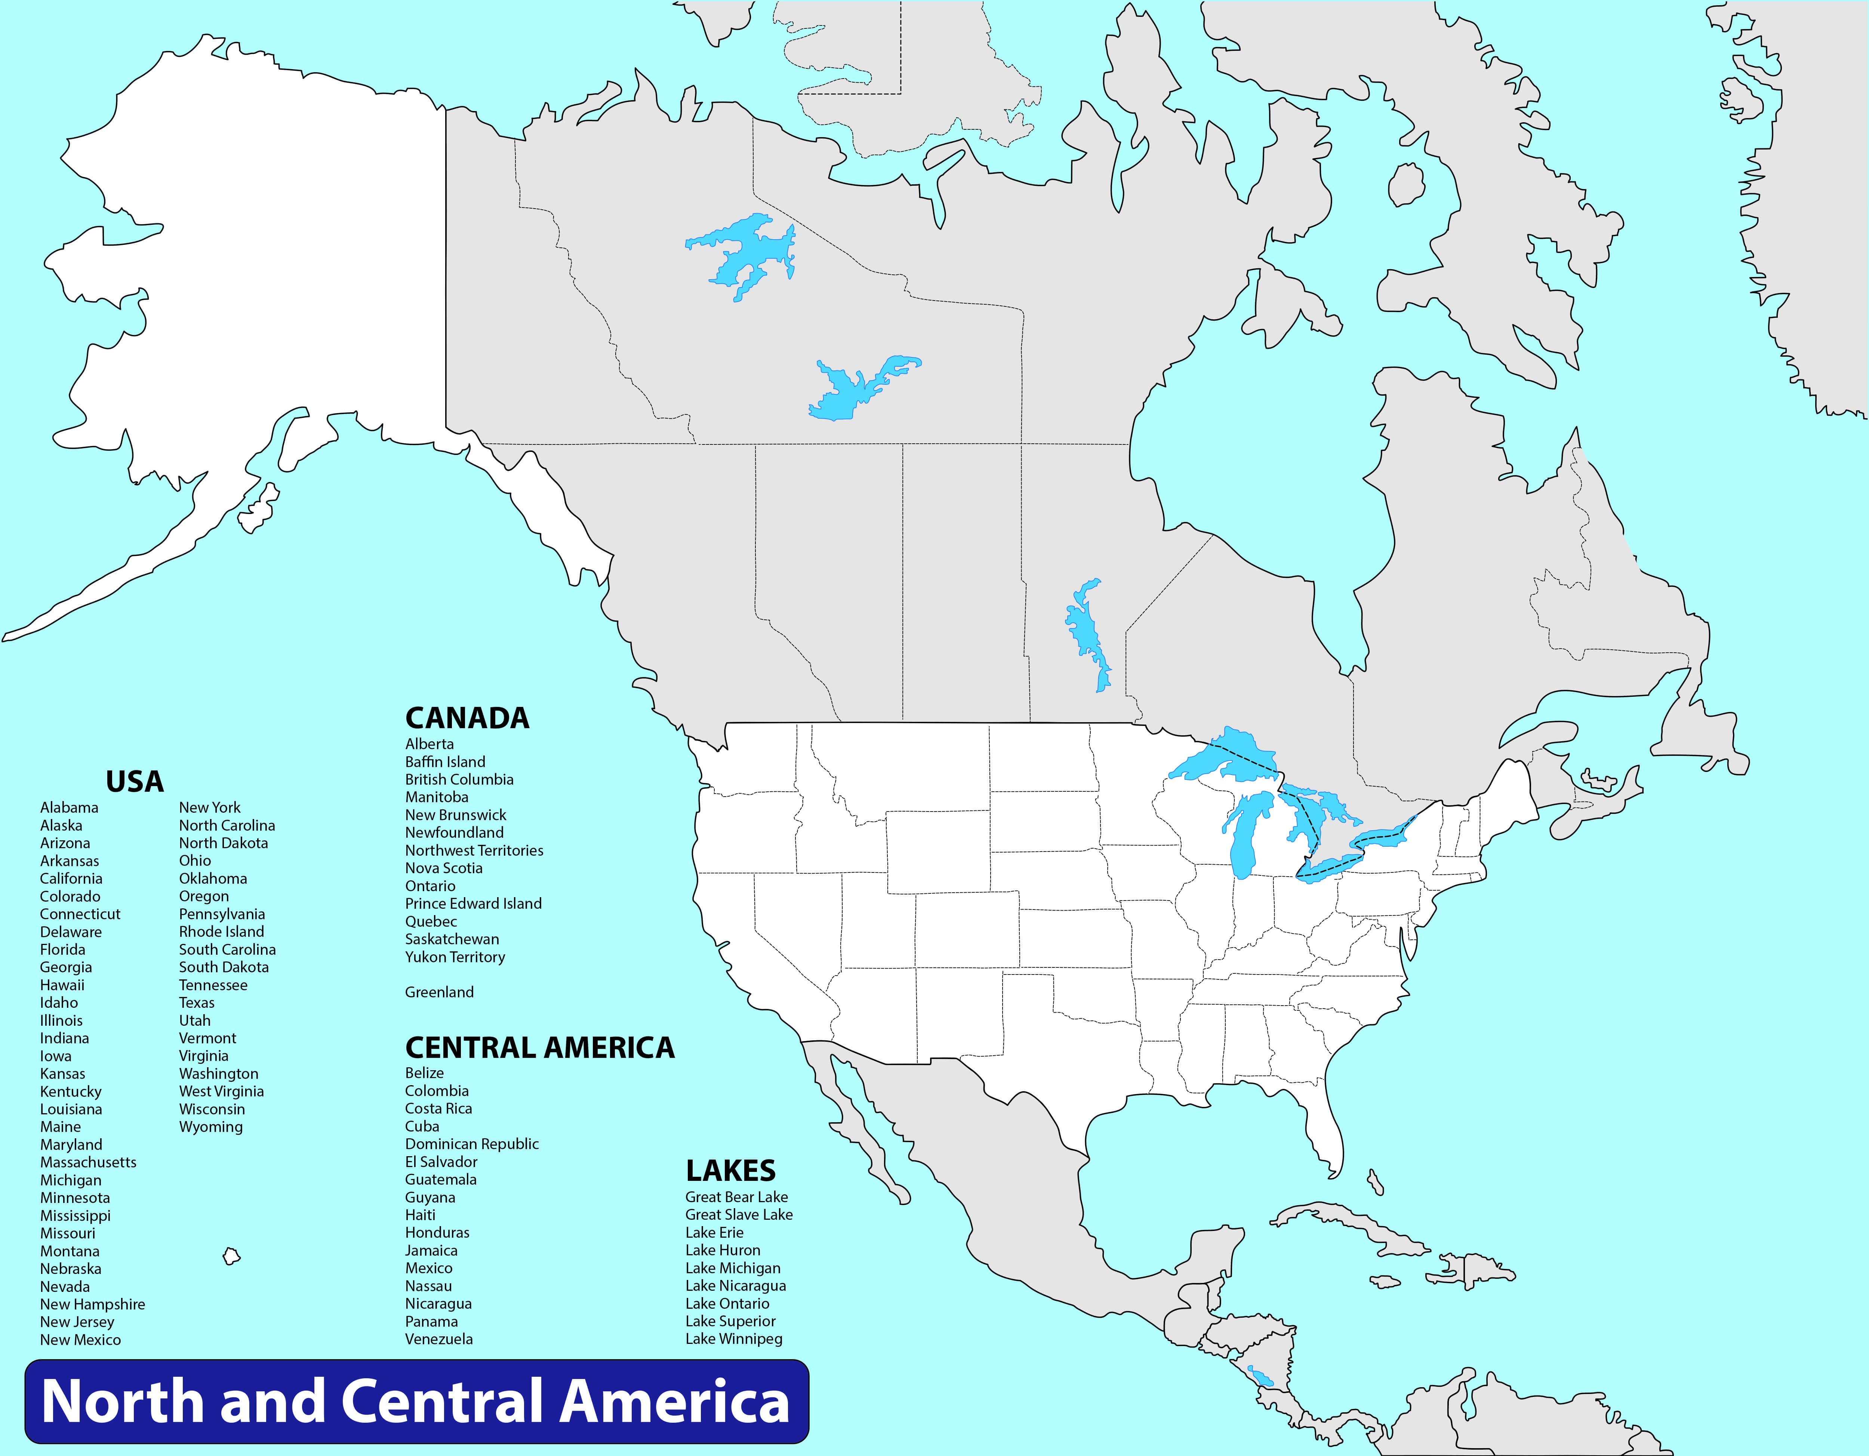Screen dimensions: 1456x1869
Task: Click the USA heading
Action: coord(134,782)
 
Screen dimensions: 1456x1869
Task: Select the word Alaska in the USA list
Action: coord(62,825)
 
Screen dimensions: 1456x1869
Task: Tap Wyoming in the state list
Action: coord(210,1126)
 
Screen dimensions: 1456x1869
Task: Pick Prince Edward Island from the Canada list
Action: coord(473,903)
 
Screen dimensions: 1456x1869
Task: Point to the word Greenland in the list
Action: coord(439,992)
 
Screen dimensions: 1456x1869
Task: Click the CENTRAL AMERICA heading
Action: coord(539,1048)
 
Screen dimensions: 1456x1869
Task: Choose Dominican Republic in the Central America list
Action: coord(471,1143)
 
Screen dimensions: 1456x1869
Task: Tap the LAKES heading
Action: coord(730,1170)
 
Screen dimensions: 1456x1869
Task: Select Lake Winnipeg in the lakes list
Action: coord(733,1339)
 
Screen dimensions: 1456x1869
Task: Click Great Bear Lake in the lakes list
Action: coord(736,1197)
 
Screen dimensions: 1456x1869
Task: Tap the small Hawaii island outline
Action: coord(231,1256)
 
